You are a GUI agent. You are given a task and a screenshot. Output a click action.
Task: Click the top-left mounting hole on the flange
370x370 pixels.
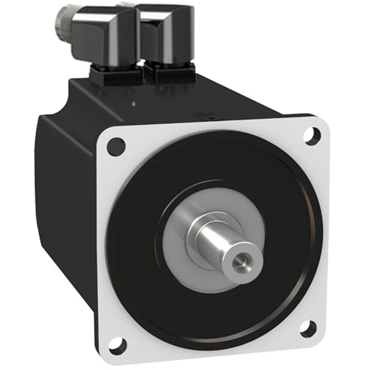click(115, 146)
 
